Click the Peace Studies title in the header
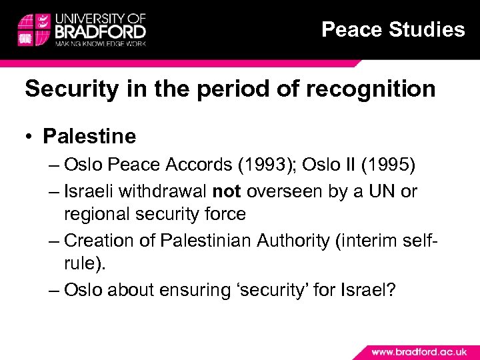click(393, 29)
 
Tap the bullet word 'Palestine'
click(89, 137)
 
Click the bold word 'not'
click(227, 192)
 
